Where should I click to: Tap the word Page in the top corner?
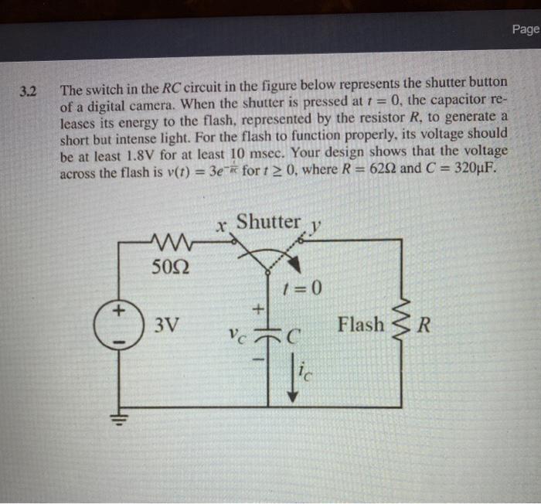(x=526, y=29)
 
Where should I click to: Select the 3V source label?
(x=167, y=325)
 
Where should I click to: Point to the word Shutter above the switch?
(x=268, y=222)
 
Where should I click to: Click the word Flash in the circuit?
(x=360, y=325)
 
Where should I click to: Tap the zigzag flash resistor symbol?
(x=401, y=325)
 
